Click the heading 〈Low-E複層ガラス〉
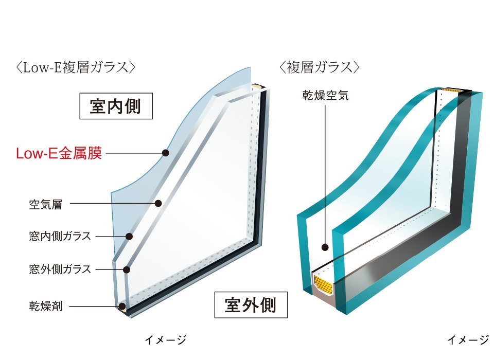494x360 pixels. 75,67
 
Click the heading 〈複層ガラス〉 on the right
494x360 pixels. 320,67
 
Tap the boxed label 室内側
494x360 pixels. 116,106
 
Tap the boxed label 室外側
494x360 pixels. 251,305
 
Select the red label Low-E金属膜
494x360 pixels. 59,153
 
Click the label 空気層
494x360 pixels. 46,205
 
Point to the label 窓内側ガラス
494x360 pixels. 60,236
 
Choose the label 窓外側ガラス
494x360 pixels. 60,269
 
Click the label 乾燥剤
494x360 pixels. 46,306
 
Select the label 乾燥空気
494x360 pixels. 325,95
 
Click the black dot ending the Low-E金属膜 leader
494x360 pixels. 165,153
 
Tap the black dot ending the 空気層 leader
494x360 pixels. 158,204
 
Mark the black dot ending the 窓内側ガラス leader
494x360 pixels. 129,236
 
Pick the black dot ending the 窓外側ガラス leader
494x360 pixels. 127,269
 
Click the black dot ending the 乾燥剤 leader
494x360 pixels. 122,306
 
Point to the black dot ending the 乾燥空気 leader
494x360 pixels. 325,247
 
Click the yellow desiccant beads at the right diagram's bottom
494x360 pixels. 324,284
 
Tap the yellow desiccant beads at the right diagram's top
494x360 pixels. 452,91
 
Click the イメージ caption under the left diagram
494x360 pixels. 166,340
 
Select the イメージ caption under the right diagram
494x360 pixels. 468,340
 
